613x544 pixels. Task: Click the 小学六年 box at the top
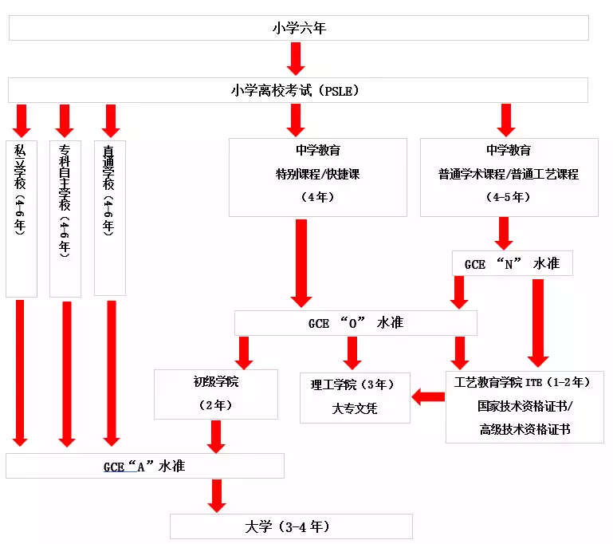298,28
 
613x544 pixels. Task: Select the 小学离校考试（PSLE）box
298,90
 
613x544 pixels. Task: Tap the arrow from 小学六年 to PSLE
297,58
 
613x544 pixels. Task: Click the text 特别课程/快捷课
317,174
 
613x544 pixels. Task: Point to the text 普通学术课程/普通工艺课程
508,174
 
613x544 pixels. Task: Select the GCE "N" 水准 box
512,264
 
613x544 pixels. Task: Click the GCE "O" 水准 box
356,323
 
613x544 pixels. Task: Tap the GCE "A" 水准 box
144,466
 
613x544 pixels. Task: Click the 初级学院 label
215,382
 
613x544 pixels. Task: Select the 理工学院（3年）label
352,384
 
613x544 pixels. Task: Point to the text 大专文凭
354,408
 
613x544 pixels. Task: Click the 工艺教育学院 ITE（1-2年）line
522,382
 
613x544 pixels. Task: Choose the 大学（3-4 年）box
291,526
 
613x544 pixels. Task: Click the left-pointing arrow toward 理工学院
428,396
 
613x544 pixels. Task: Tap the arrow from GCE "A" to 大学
216,495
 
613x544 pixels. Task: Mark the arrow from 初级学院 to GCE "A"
215,436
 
